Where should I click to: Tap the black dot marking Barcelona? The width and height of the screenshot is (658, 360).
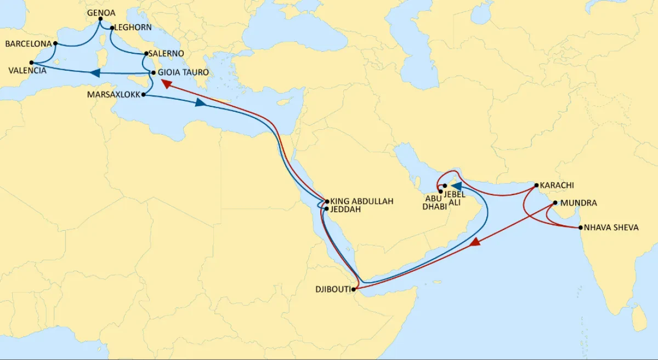tap(55, 43)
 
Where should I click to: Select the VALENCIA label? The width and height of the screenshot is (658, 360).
tap(27, 70)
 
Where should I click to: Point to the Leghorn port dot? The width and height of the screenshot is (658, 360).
tap(112, 28)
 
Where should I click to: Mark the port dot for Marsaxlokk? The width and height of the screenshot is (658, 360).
tap(144, 95)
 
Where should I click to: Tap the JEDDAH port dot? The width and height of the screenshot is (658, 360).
tap(327, 209)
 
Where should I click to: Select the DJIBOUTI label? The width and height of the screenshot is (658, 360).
tap(333, 289)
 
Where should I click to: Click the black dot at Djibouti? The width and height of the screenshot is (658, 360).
tap(355, 289)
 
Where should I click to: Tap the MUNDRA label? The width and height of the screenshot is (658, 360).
tap(578, 203)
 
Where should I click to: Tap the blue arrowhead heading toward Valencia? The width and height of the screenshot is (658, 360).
tap(94, 73)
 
